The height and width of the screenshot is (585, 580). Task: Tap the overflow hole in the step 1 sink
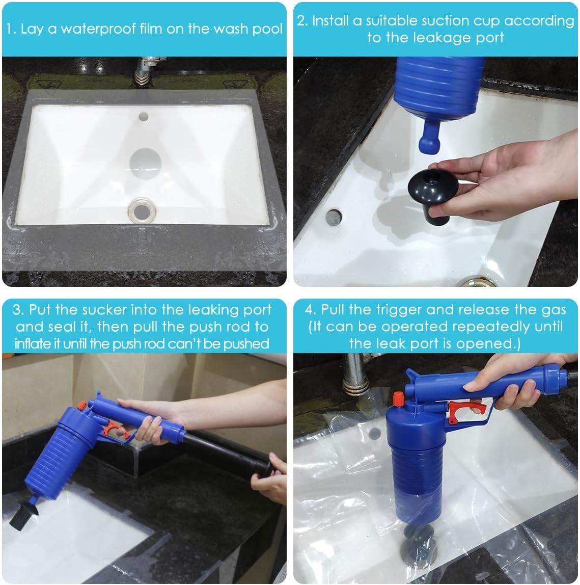pyautogui.click(x=144, y=117)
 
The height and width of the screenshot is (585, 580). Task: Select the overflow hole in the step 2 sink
pyautogui.click(x=334, y=217)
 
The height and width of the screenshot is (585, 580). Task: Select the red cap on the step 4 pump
pyautogui.click(x=399, y=398)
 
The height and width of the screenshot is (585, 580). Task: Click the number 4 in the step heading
pyautogui.click(x=309, y=310)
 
